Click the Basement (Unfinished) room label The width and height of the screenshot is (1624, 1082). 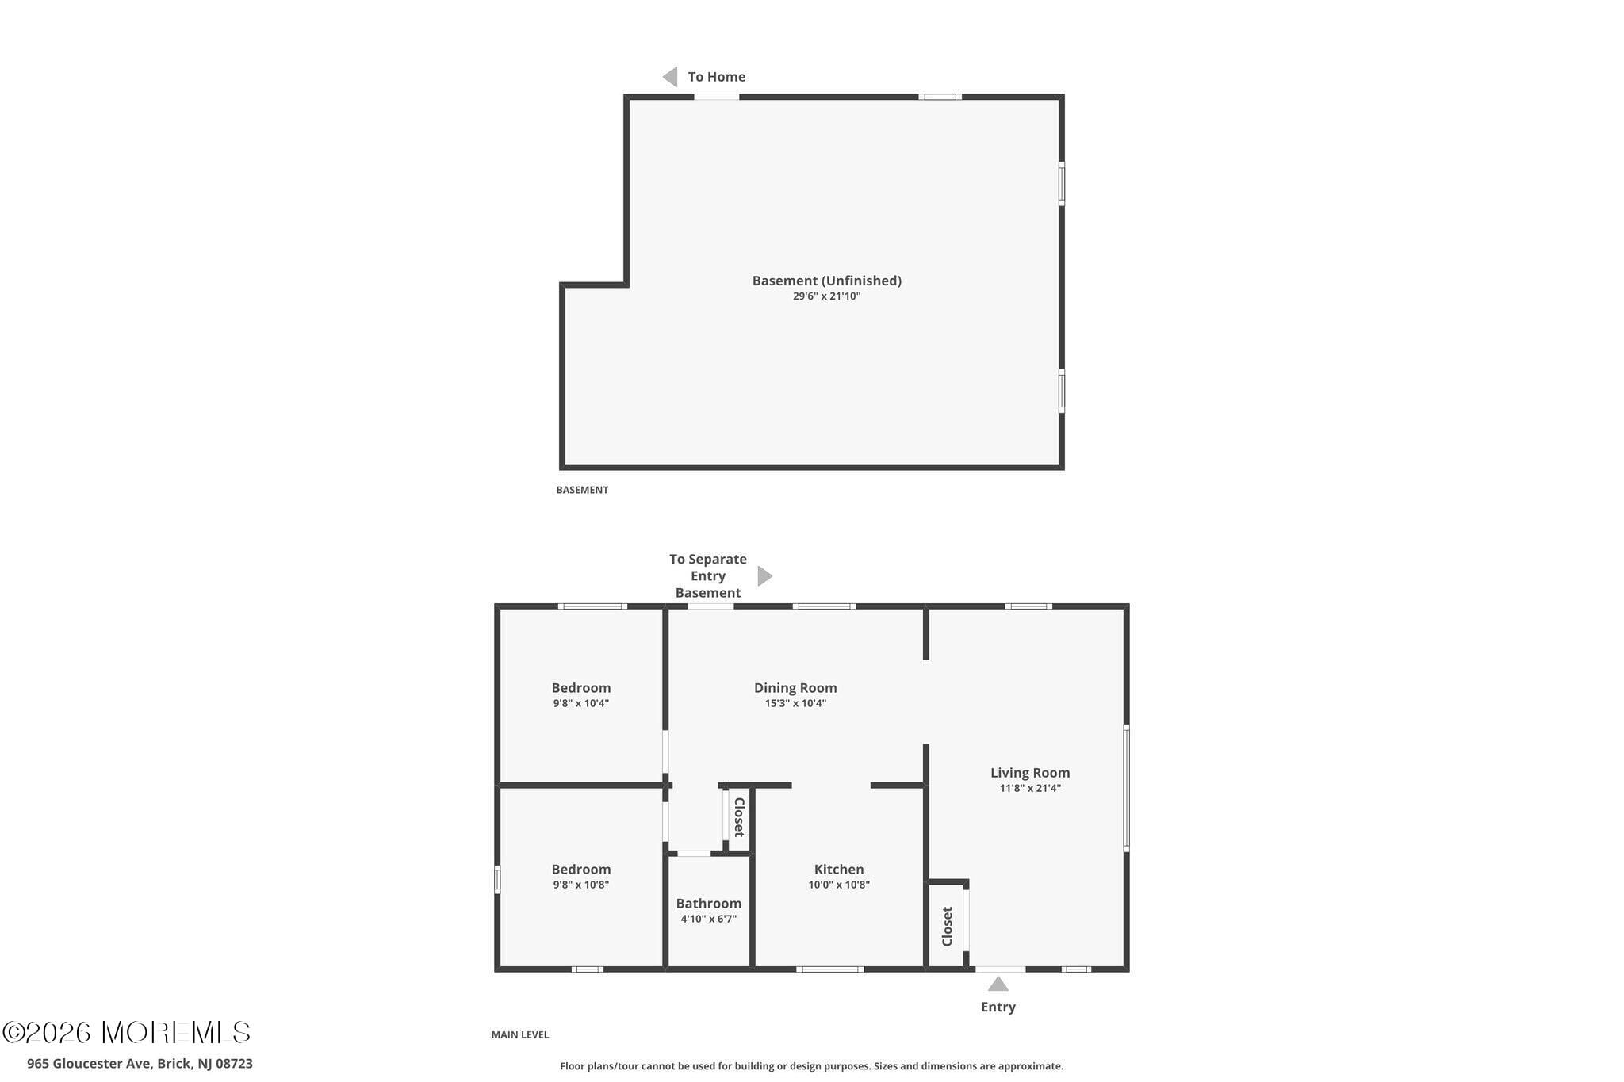click(826, 281)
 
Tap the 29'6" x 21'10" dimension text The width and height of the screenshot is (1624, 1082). click(826, 296)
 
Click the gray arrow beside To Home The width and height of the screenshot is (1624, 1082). click(671, 77)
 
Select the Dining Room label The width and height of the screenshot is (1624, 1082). click(795, 688)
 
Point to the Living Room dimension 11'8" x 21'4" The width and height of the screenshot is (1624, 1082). click(1030, 788)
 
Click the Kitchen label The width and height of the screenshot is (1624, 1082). click(839, 870)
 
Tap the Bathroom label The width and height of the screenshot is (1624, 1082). click(708, 904)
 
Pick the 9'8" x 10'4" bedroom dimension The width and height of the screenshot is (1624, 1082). click(581, 703)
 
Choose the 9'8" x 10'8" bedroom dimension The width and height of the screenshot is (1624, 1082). click(581, 885)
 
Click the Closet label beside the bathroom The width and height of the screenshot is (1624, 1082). click(739, 817)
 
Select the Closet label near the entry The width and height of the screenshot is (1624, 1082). click(947, 926)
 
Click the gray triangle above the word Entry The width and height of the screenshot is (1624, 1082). click(998, 984)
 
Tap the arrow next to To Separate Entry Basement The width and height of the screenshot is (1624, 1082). click(764, 576)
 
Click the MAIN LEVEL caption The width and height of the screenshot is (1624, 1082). click(520, 1034)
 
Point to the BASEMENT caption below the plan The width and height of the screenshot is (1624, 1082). click(582, 490)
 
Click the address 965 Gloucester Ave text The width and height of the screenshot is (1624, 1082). click(140, 1064)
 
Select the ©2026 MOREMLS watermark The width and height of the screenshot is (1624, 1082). click(127, 1032)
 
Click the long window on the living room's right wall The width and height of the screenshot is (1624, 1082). click(1126, 788)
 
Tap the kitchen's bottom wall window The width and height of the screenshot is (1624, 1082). click(829, 969)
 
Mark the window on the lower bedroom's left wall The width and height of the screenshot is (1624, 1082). click(497, 879)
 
